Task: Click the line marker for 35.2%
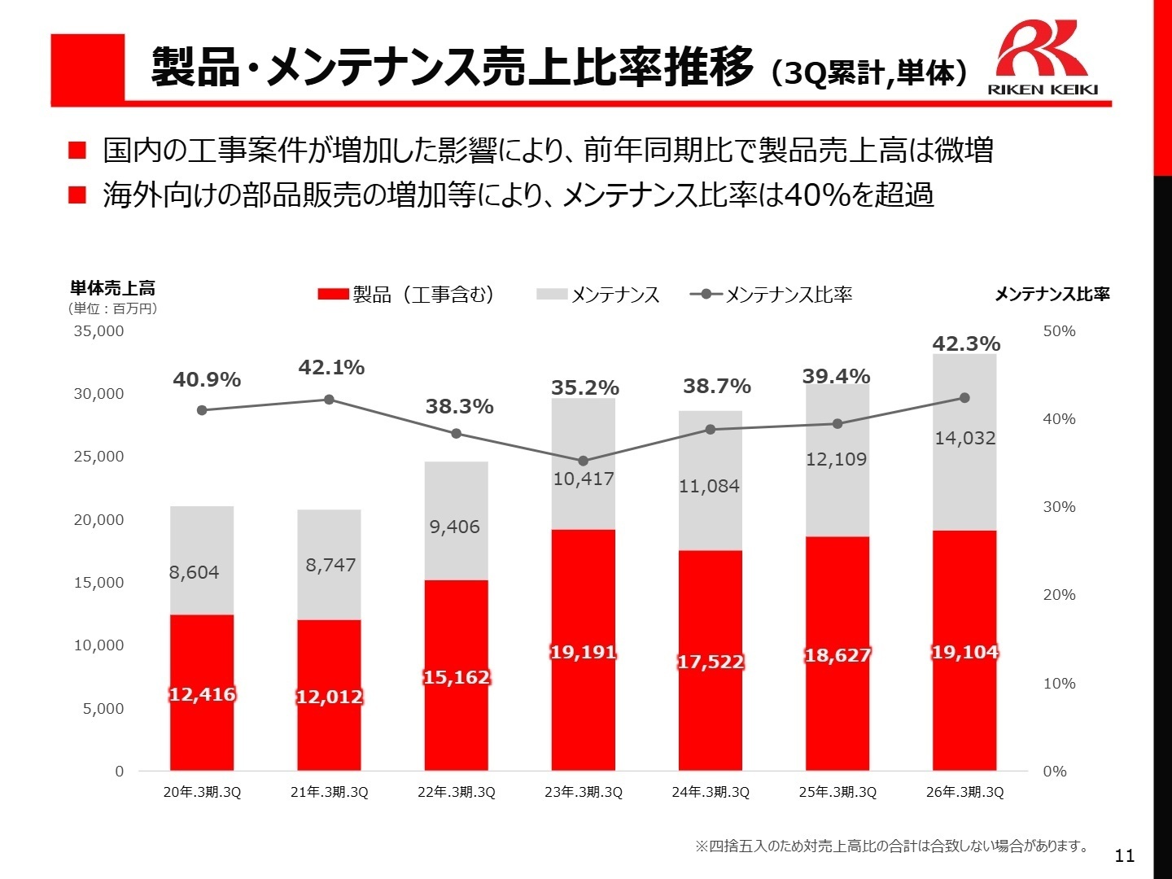point(583,461)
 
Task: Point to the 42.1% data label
point(331,368)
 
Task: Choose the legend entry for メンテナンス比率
point(772,295)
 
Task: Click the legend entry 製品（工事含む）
point(407,295)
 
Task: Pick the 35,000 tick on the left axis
point(98,331)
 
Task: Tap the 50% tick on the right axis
point(1059,331)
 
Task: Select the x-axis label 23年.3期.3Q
point(583,792)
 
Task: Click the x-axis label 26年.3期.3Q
point(964,792)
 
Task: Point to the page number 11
point(1124,855)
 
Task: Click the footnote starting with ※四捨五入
point(892,846)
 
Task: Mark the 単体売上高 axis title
point(112,288)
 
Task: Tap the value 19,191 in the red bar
point(583,652)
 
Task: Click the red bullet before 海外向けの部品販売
point(77,195)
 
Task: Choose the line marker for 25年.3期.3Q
point(837,423)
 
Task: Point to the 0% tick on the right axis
point(1055,771)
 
